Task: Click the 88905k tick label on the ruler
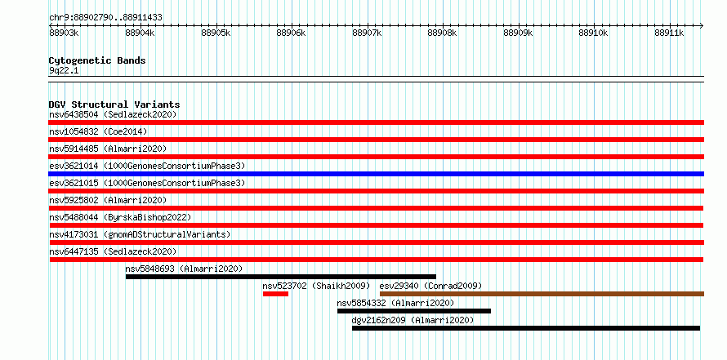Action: [216, 33]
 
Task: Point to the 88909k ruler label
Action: [518, 33]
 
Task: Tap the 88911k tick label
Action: [669, 33]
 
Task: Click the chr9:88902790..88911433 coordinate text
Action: [105, 18]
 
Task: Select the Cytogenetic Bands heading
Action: [97, 60]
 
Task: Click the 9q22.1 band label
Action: [64, 71]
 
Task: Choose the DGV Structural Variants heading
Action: [114, 104]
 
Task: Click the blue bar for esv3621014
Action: [376, 174]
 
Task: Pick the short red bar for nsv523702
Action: [275, 294]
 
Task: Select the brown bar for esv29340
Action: [542, 294]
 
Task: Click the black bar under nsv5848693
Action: [281, 277]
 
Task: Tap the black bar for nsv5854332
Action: [414, 311]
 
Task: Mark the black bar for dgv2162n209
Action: [526, 328]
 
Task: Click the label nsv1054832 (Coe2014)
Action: [98, 131]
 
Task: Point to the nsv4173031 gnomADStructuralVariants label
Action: [140, 234]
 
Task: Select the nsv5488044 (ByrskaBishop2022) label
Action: [120, 217]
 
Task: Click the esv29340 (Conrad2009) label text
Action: [430, 286]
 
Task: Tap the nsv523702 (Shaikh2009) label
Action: [316, 286]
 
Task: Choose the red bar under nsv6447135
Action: [377, 260]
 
